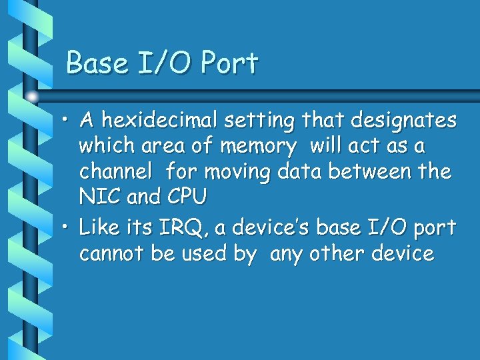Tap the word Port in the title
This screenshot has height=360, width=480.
click(x=229, y=63)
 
